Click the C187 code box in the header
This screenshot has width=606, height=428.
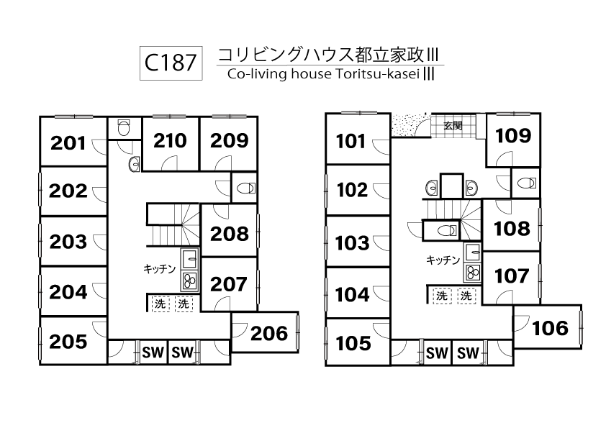[170, 63]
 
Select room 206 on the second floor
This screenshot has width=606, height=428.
[270, 333]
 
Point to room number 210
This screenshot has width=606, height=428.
[170, 141]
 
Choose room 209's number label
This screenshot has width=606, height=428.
[229, 141]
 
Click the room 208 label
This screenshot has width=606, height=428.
[230, 234]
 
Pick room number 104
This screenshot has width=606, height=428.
[353, 294]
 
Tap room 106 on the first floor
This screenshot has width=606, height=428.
[550, 328]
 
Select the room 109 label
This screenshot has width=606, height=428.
[514, 135]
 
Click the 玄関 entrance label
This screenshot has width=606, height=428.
[453, 125]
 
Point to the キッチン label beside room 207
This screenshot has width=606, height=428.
[159, 268]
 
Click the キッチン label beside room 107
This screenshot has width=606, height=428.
[443, 260]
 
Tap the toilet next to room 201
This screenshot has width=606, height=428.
[123, 127]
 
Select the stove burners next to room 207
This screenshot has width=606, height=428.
[189, 280]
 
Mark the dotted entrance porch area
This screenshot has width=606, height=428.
[411, 125]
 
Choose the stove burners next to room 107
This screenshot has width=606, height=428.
[473, 273]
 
